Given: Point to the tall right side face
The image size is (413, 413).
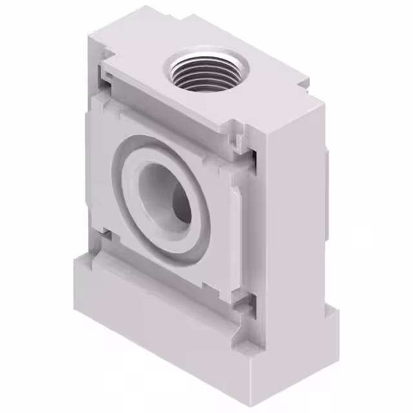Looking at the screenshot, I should click(294, 213).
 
